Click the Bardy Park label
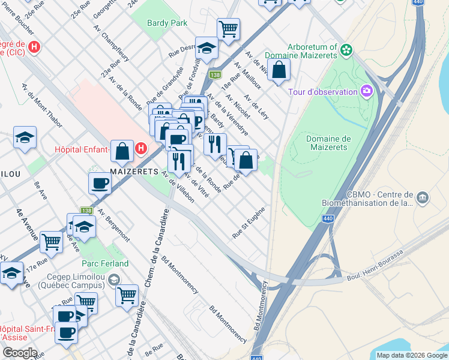tap(167, 23)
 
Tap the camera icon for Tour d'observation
tap(366, 91)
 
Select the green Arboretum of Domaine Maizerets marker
tap(346, 50)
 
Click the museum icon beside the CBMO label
tap(423, 197)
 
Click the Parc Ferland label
tap(105, 263)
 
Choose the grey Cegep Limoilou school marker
tap(114, 279)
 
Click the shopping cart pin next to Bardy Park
tap(228, 28)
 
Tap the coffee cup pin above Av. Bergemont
tap(100, 182)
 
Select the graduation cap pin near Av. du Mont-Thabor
tap(25, 137)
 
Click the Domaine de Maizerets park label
tap(328, 143)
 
